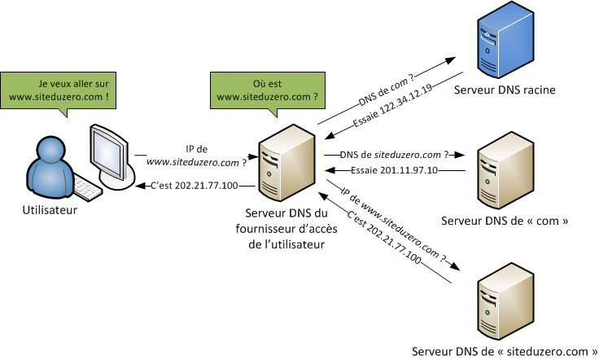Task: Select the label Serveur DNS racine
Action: point(505,90)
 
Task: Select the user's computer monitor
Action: point(107,153)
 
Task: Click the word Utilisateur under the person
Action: point(50,210)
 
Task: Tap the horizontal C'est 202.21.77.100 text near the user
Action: point(195,187)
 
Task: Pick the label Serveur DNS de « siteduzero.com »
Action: point(500,351)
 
